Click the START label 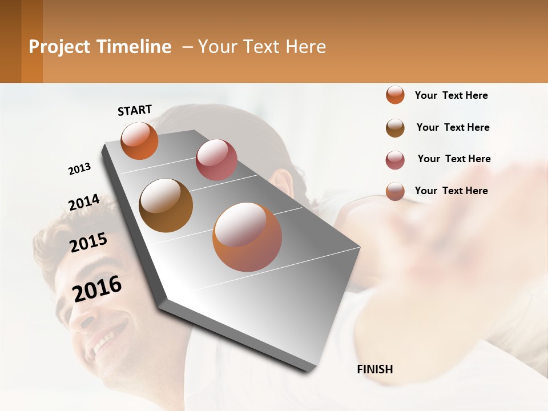(x=135, y=110)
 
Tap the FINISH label (x=375, y=369)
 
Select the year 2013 (x=79, y=169)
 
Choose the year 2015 (x=88, y=243)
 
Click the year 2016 (x=97, y=288)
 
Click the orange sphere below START (x=139, y=140)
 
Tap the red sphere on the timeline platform (x=216, y=160)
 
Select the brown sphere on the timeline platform (x=166, y=205)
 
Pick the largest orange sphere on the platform (x=247, y=237)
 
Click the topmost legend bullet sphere (x=395, y=95)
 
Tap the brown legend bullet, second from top (x=395, y=128)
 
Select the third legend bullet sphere (x=395, y=160)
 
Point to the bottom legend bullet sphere (x=395, y=191)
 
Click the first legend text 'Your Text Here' (x=451, y=95)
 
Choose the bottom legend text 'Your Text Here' (x=451, y=191)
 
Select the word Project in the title (x=59, y=47)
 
